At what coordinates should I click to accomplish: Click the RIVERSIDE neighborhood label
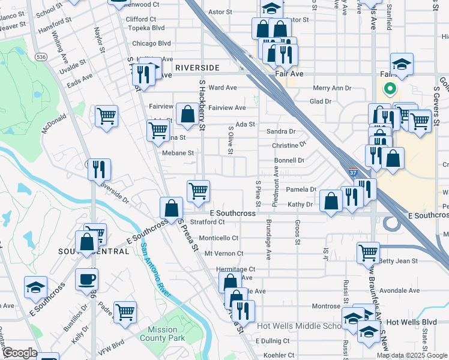pos(197,68)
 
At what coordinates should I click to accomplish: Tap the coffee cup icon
pos(87,279)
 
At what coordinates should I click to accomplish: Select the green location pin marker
pos(390,90)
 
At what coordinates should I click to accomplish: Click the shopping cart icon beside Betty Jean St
pos(368,253)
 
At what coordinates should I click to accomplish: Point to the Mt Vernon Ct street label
pos(221,254)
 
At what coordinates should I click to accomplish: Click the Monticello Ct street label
pos(218,238)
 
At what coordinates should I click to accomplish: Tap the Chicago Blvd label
pos(151,44)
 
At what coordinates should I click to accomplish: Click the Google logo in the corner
pos(19,353)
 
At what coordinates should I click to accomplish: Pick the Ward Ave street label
pos(223,88)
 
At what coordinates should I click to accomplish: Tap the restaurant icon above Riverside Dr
pos(99,169)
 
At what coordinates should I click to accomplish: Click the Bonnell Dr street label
pos(289,161)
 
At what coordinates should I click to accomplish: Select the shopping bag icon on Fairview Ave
pos(187,114)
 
